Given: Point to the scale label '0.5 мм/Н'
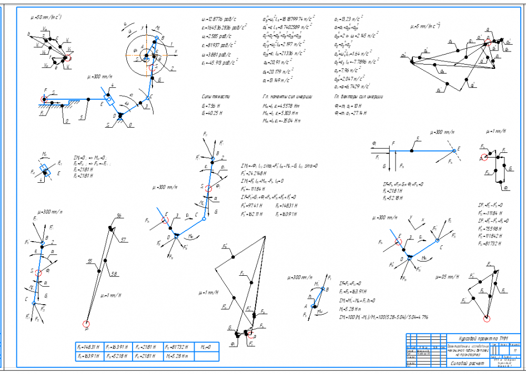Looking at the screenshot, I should [x=446, y=276].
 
